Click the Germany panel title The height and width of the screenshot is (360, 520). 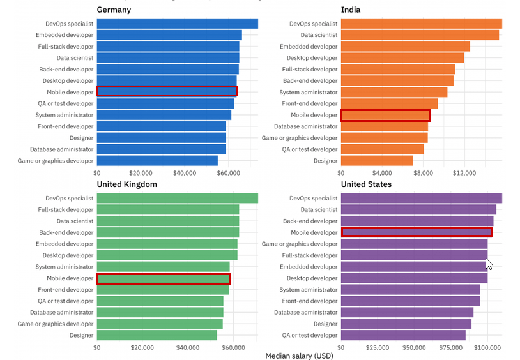pos(114,10)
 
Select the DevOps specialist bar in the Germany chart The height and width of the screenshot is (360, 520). pos(177,24)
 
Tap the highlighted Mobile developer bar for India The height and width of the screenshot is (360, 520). pos(385,116)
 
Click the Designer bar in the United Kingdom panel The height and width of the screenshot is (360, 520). pos(157,335)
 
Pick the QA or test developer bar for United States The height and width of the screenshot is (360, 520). pos(402,335)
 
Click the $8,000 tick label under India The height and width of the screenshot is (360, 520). pos(424,172)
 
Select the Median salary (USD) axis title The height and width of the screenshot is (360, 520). pos(298,356)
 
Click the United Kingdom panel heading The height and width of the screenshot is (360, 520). pos(127,184)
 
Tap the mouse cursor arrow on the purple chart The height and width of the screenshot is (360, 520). pos(489,263)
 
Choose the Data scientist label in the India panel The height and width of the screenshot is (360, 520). pos(319,35)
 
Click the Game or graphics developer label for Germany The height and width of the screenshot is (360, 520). pos(56,161)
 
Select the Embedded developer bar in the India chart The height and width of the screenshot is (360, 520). pos(405,47)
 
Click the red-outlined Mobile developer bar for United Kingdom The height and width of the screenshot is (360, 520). pos(163,279)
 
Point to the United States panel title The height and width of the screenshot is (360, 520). pos(367,184)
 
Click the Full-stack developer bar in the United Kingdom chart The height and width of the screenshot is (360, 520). pos(167,209)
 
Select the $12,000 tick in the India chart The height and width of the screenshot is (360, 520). pos(464,172)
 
